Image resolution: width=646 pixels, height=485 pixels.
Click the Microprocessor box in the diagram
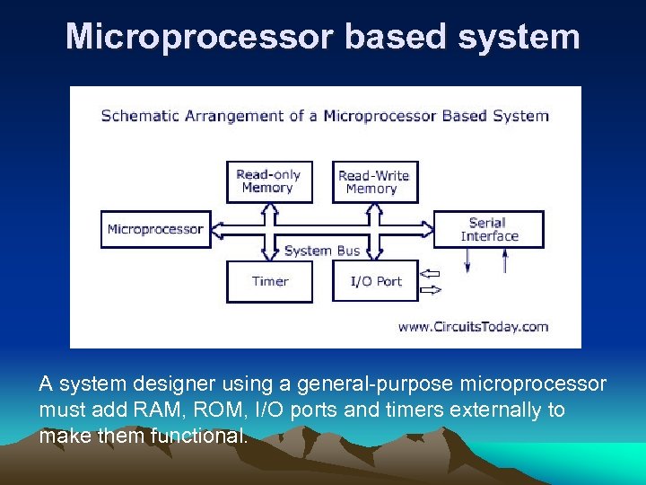(x=155, y=230)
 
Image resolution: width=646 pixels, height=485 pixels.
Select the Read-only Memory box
(x=268, y=181)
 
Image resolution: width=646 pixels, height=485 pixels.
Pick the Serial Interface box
(x=489, y=230)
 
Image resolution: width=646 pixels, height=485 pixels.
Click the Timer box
(x=269, y=281)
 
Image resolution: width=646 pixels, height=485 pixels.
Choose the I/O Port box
(x=376, y=281)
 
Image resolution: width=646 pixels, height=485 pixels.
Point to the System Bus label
(x=321, y=251)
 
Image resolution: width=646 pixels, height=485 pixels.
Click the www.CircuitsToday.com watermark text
(x=473, y=327)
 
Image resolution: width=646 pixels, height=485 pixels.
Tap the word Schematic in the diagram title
(x=139, y=116)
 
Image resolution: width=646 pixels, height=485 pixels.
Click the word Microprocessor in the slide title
(x=199, y=37)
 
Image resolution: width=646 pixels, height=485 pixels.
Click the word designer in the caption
(x=171, y=384)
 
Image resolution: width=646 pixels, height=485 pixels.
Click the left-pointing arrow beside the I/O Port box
(x=431, y=273)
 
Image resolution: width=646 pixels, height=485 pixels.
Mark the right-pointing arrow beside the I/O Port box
(x=431, y=289)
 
